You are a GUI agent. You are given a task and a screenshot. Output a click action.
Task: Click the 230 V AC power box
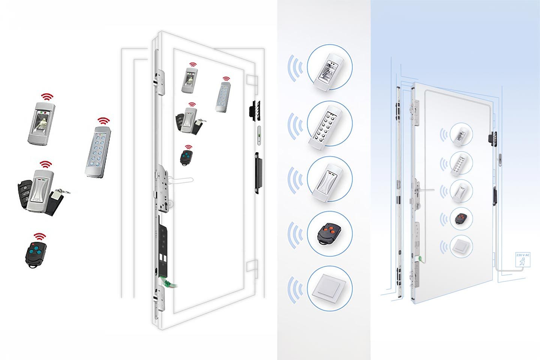click(523, 259)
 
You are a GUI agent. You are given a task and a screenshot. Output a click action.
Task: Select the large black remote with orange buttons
click(330, 233)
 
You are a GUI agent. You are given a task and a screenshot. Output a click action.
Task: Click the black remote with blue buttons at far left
click(36, 255)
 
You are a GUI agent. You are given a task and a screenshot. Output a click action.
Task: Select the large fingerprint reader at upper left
click(42, 123)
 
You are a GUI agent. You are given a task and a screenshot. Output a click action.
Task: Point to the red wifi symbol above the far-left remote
click(40, 237)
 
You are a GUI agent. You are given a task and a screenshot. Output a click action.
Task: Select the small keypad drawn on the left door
click(222, 97)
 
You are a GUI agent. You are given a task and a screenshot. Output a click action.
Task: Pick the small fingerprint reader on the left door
click(189, 81)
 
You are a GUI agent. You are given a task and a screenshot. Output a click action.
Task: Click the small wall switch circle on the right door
click(461, 246)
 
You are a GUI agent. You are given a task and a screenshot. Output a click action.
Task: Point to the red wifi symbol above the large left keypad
click(103, 121)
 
